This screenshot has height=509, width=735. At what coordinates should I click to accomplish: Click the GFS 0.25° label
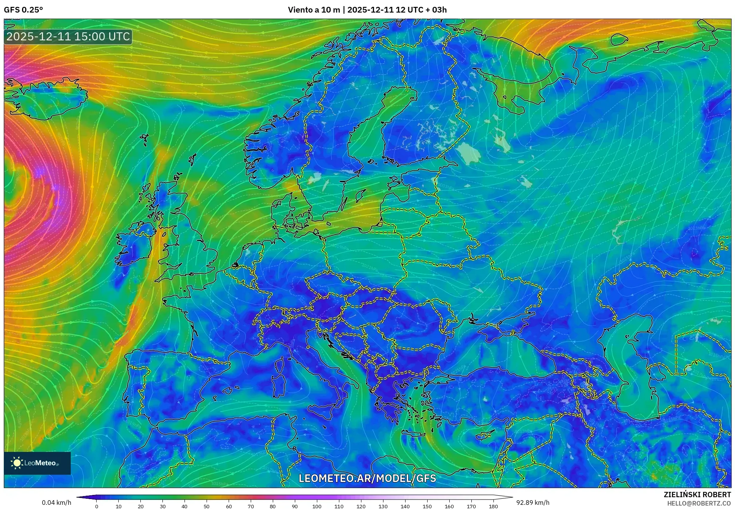23,10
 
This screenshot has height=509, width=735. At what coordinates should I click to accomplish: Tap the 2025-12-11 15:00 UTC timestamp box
68,37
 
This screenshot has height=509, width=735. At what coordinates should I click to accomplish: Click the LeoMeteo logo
37,463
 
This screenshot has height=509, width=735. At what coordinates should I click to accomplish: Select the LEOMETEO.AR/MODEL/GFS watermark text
367,478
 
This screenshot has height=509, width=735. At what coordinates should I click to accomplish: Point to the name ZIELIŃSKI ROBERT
697,495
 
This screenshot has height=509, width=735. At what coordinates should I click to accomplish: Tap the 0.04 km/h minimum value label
56,503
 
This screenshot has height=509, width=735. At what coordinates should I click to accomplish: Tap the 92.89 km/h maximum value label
533,503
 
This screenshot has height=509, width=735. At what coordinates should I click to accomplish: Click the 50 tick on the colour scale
207,506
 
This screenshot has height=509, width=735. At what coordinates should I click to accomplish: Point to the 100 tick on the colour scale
317,506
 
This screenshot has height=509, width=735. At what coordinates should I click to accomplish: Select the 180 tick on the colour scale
493,506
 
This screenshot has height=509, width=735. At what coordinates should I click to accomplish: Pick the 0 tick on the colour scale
97,506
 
